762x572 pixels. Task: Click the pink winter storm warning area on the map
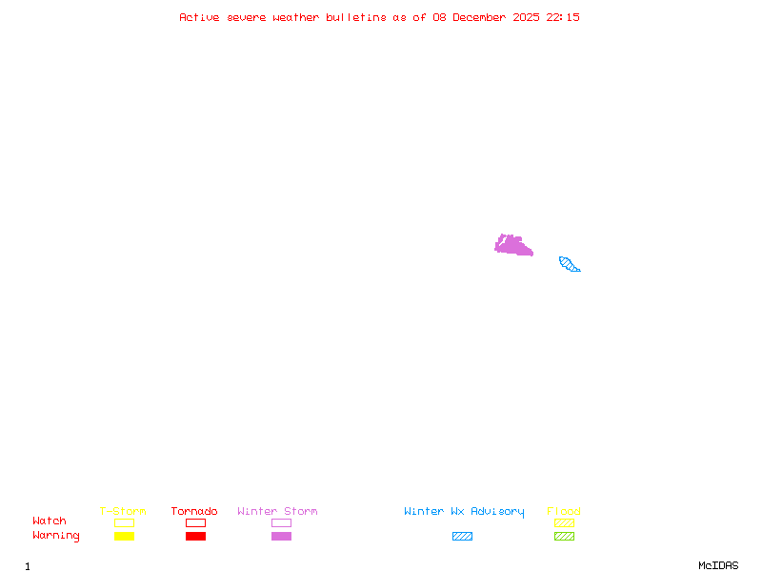tap(512, 246)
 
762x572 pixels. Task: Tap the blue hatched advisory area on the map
tap(569, 264)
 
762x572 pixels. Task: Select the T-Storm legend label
tap(123, 512)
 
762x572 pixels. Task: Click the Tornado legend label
tap(194, 512)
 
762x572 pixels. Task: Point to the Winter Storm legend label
tap(277, 512)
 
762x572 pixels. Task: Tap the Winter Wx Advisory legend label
tap(464, 512)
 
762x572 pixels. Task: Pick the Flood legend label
tap(564, 512)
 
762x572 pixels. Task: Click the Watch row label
tap(50, 521)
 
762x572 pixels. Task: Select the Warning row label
tap(56, 536)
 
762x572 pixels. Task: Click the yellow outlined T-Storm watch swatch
tap(124, 522)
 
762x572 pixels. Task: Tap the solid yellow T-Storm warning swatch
tap(124, 537)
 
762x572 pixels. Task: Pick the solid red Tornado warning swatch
tap(195, 537)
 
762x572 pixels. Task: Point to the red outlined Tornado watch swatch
tap(195, 522)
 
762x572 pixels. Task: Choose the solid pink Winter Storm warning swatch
tap(281, 537)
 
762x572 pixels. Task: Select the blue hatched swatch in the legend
tap(462, 537)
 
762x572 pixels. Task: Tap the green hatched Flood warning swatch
tap(564, 537)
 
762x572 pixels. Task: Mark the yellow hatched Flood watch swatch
tap(564, 522)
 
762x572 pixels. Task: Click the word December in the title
tap(483, 17)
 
